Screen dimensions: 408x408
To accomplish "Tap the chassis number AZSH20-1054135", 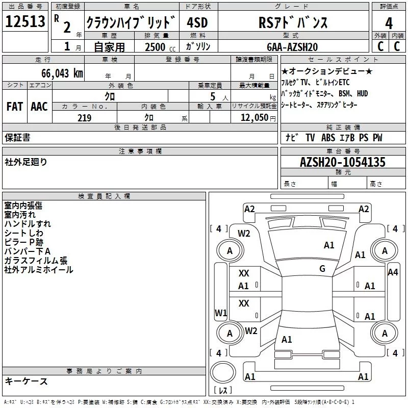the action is point(343,163).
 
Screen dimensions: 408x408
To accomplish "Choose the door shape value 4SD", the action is point(198,23).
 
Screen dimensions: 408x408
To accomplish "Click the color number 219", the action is point(84,118).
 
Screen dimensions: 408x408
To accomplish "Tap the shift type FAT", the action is point(14,106).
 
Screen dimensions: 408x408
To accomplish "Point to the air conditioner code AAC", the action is point(39,106).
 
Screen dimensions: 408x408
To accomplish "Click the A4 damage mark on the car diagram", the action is point(392,272).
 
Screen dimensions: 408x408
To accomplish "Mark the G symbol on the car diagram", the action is point(322,269).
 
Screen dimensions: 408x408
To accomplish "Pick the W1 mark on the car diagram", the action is point(220,313).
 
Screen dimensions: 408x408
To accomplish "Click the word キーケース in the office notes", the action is point(26,381).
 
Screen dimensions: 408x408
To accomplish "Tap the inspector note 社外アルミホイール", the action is point(39,270).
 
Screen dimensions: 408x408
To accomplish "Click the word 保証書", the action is point(17,137).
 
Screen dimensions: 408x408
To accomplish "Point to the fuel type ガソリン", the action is point(198,46).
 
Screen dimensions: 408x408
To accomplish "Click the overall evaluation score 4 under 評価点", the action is point(389,23).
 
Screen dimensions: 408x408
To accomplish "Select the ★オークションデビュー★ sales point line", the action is point(327,71).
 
